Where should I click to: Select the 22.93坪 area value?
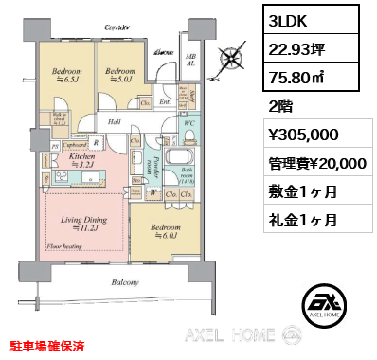[295, 49]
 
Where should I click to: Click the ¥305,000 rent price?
[300, 135]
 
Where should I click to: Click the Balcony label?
[124, 282]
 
